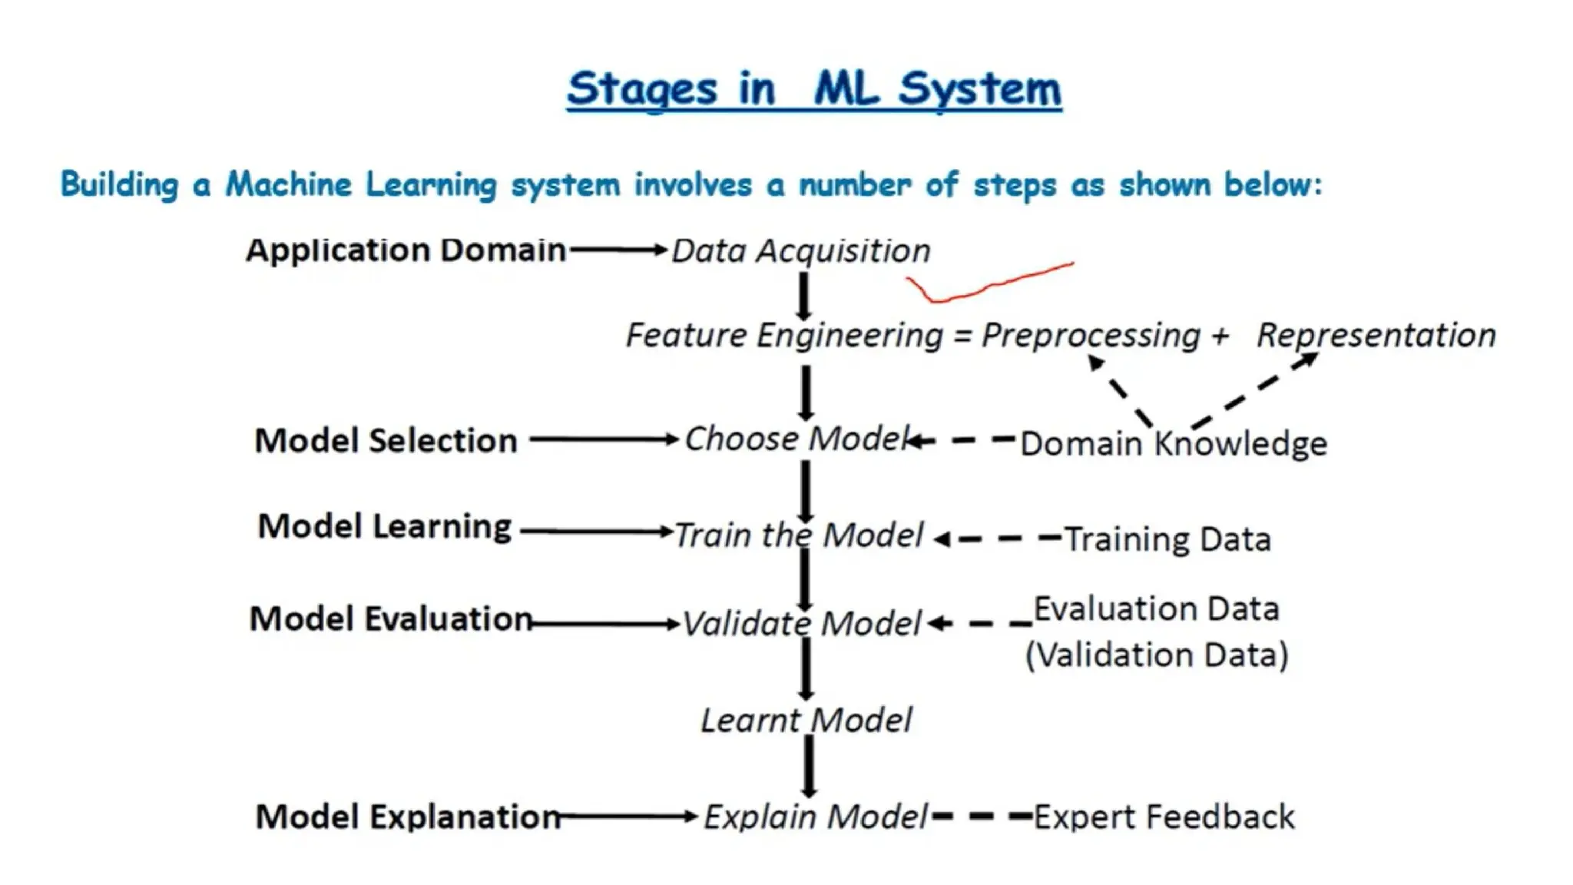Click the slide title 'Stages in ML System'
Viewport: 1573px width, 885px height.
click(x=814, y=89)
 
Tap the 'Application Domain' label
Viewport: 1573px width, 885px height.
click(x=406, y=250)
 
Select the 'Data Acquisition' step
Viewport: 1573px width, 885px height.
click(x=800, y=251)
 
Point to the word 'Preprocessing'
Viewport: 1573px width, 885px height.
click(x=1091, y=336)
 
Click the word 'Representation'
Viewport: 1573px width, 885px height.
click(x=1376, y=336)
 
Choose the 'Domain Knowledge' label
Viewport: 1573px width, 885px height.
click(x=1173, y=444)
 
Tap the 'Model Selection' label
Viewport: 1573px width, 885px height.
click(x=386, y=441)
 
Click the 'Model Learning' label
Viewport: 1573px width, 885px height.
click(x=384, y=527)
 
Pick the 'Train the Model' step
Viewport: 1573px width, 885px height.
click(x=799, y=535)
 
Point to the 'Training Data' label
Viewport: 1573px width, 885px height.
click(x=1167, y=539)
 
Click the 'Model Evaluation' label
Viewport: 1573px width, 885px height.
click(x=390, y=619)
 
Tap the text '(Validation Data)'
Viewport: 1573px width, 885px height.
click(x=1157, y=655)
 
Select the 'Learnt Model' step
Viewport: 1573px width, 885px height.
click(x=806, y=721)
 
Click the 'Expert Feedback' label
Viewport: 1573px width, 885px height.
click(x=1164, y=817)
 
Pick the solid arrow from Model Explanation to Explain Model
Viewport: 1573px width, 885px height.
click(x=628, y=817)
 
